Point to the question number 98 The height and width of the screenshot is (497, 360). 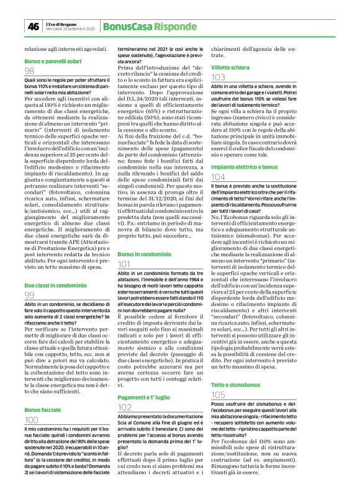point(29,72)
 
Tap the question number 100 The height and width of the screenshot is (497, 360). point(32,420)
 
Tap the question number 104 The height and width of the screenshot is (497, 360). point(218,177)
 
